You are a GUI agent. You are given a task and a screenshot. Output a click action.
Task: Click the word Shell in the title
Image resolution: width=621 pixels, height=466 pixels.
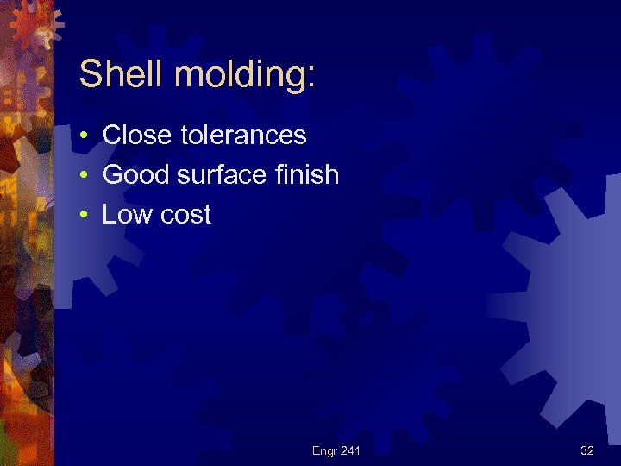pyautogui.click(x=121, y=74)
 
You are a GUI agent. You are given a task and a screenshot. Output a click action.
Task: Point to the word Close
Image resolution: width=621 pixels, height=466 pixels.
pyautogui.click(x=138, y=135)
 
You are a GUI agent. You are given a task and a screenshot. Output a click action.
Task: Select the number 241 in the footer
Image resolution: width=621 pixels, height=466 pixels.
pyautogui.click(x=350, y=450)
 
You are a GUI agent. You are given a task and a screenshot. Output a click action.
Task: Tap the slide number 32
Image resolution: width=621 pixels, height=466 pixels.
pyautogui.click(x=586, y=450)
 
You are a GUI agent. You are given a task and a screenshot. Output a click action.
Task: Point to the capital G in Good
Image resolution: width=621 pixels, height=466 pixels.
pyautogui.click(x=112, y=175)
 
